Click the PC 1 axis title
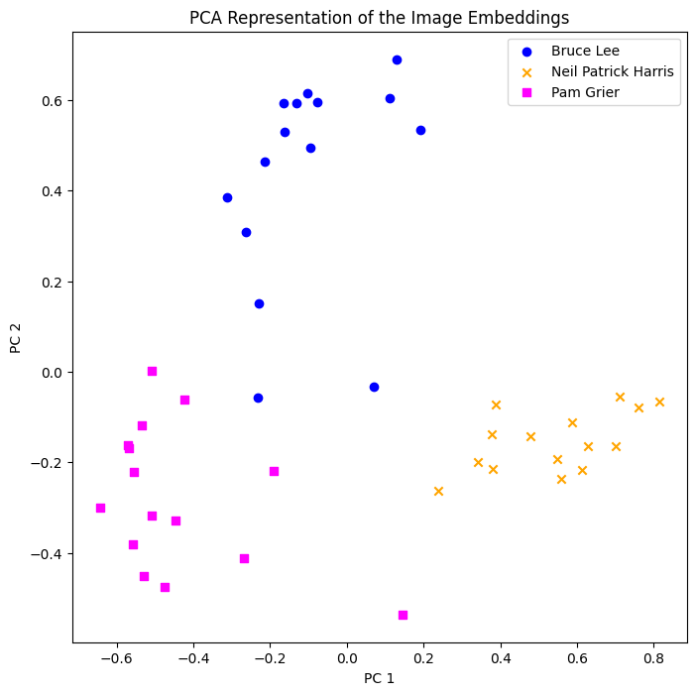click(379, 678)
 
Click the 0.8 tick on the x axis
click(653, 656)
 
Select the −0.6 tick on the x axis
click(117, 656)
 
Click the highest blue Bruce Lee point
click(397, 59)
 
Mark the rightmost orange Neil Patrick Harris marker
click(659, 402)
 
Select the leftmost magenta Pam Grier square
click(100, 508)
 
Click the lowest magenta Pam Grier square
click(403, 615)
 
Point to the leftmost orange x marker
click(438, 491)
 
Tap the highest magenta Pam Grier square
click(152, 371)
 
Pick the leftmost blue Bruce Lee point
click(227, 197)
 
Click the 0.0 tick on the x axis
click(347, 656)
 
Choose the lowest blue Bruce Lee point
click(258, 398)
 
